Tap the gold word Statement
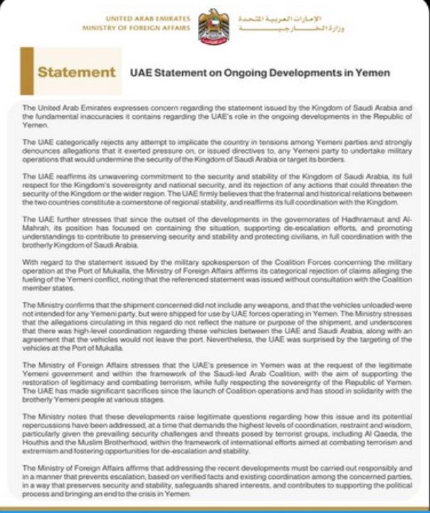click(76, 72)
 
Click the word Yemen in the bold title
click(372, 73)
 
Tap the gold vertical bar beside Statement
click(26, 71)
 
